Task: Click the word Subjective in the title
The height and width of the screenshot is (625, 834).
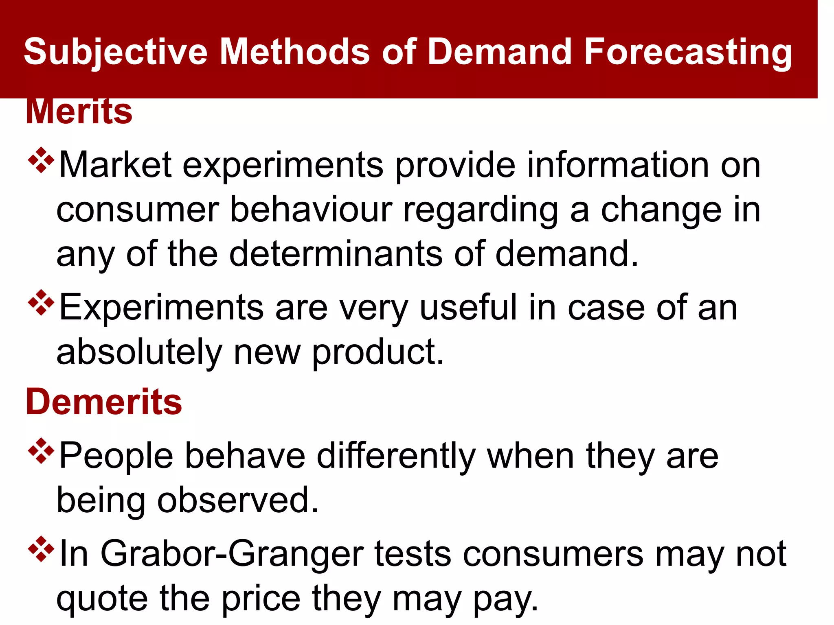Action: point(115,52)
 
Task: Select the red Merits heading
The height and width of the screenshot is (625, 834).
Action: point(79,112)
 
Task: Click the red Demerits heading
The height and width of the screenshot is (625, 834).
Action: point(104,402)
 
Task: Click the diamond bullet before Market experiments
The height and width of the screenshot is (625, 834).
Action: point(41,161)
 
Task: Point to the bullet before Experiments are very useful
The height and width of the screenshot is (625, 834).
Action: point(41,303)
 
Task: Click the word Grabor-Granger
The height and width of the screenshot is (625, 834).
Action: point(232,554)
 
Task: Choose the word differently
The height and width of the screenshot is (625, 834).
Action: point(396,456)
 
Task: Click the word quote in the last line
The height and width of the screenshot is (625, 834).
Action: point(102,599)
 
